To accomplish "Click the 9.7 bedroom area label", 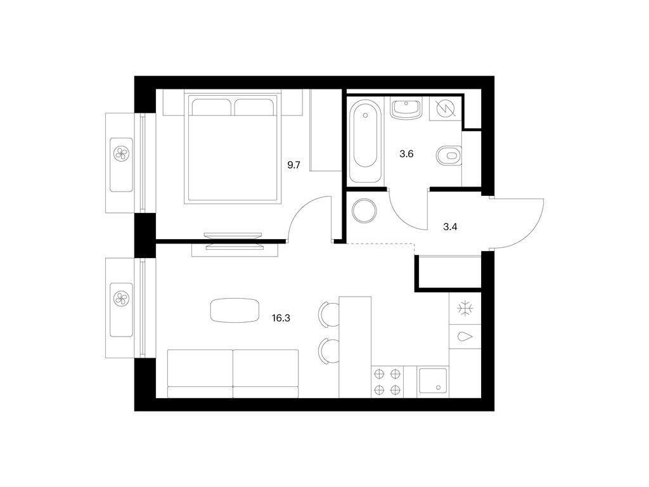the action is tap(293, 166).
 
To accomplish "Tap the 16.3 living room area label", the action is tap(281, 318).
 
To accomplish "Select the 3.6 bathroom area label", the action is tap(406, 155).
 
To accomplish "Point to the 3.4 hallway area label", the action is tap(450, 227).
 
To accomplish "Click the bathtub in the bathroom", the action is tap(365, 140).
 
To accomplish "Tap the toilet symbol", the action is tap(449, 156).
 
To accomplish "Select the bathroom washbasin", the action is tap(407, 108).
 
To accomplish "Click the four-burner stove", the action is tap(387, 382).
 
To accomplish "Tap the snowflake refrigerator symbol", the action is tap(465, 309).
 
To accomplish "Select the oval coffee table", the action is tap(235, 310).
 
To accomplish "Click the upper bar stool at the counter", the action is tap(329, 315).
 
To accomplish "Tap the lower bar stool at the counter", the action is tap(329, 351).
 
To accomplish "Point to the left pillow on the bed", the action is tap(210, 107).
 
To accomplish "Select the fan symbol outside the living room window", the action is tap(122, 299).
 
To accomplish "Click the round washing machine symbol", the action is tap(364, 211).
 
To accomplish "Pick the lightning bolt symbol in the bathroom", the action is tap(446, 108).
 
